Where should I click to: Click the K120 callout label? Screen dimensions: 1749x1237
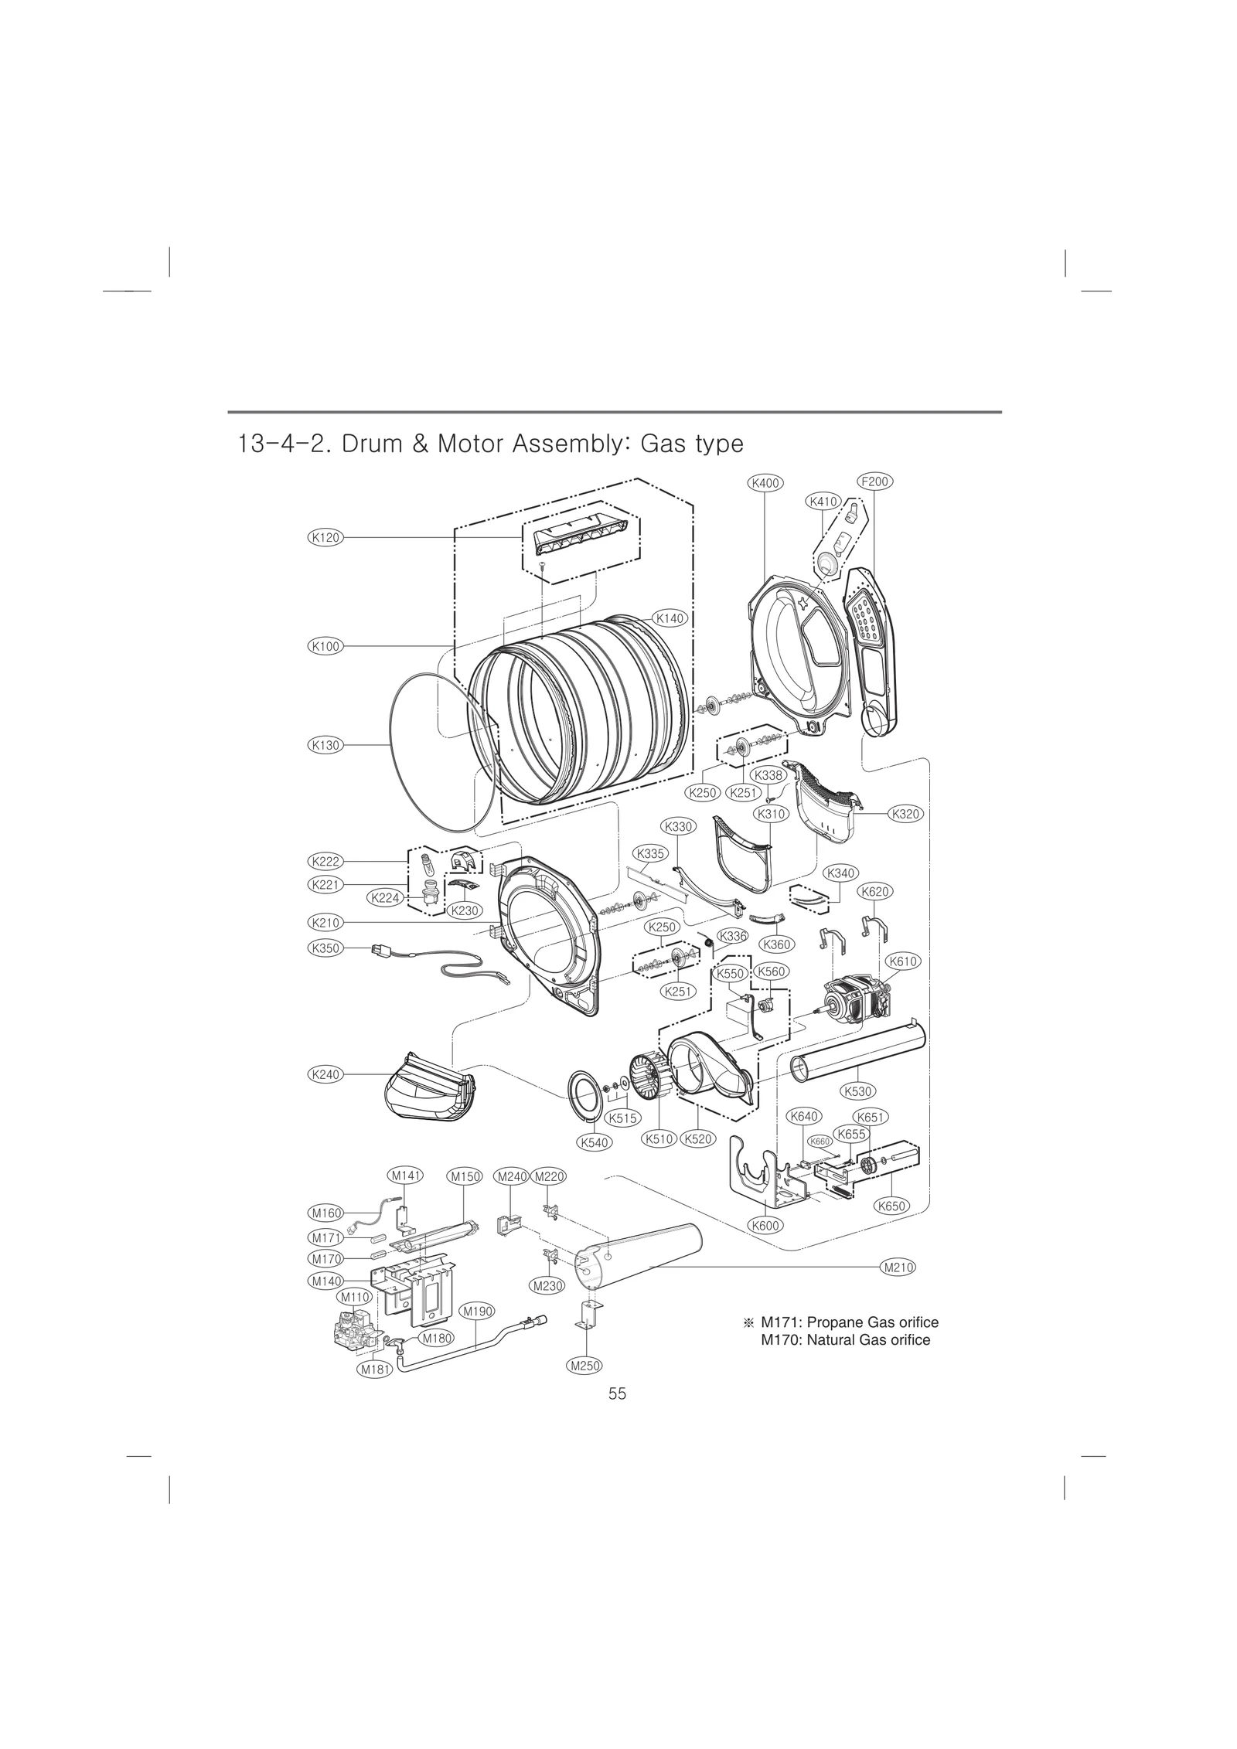[325, 537]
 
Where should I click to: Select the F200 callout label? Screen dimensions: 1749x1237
[874, 481]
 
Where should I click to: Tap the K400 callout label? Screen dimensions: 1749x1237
[765, 483]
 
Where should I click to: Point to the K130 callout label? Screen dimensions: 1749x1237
[325, 745]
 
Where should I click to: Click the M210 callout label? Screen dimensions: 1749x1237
[898, 1267]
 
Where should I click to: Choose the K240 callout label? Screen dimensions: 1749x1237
[325, 1074]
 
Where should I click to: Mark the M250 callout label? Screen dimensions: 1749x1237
[584, 1366]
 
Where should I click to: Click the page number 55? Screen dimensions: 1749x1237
[617, 1393]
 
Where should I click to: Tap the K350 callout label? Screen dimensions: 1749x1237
[325, 948]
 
